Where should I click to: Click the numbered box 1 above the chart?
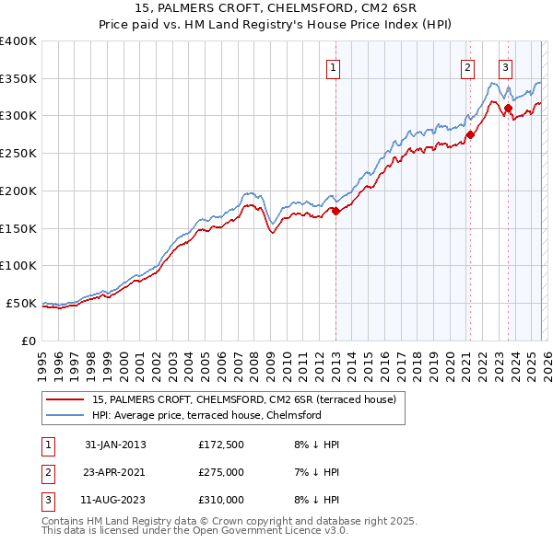click(x=332, y=66)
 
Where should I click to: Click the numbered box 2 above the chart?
click(x=467, y=66)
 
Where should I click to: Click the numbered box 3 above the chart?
click(x=506, y=66)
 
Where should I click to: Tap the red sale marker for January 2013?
click(x=335, y=211)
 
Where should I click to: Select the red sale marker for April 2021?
click(x=470, y=134)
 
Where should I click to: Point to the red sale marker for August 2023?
click(x=508, y=109)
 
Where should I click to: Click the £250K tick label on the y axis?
click(x=18, y=153)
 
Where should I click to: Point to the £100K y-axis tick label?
click(x=18, y=265)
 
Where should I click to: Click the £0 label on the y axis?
click(x=28, y=341)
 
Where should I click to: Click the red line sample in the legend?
click(x=65, y=399)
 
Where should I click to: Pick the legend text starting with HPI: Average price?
click(x=206, y=416)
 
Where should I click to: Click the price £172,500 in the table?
click(x=221, y=445)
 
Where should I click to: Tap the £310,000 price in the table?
click(x=221, y=500)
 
